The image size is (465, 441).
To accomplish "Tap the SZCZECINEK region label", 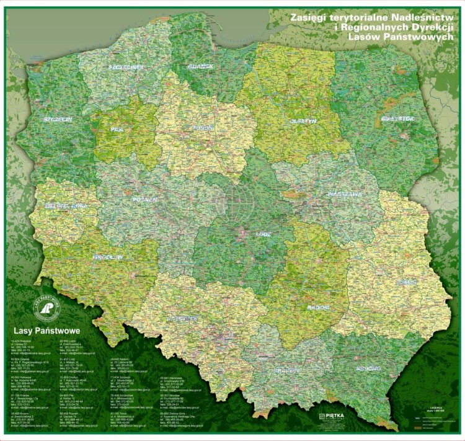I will [x=126, y=66].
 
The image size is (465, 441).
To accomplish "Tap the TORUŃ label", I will [x=185, y=128].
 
